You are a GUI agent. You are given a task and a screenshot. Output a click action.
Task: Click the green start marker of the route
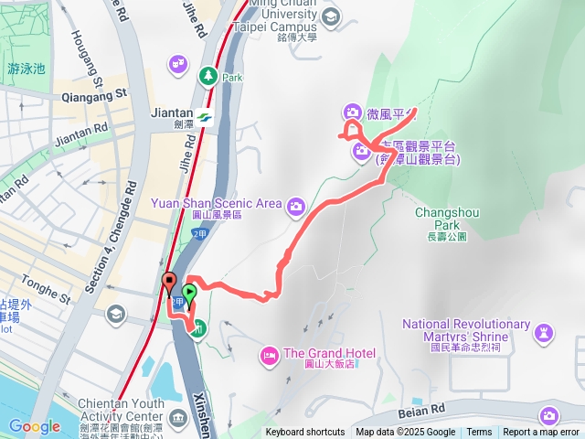tap(189, 293)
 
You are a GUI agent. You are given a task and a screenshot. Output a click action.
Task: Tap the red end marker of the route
tap(168, 281)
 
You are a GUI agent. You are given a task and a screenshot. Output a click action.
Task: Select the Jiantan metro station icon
tap(203, 118)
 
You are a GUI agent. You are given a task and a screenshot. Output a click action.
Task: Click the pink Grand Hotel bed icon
tap(270, 354)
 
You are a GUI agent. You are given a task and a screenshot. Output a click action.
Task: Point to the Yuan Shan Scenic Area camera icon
tap(295, 206)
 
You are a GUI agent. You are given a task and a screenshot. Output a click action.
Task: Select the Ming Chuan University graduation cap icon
tap(330, 15)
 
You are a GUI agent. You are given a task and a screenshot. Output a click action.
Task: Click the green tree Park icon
tap(208, 75)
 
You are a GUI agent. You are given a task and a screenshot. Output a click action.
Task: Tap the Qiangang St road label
tap(95, 95)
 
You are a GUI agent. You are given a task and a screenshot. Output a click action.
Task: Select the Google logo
tap(34, 426)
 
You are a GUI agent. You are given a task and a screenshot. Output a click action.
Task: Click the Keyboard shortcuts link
tap(306, 433)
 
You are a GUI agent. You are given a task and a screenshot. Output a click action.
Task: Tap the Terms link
tap(479, 433)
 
